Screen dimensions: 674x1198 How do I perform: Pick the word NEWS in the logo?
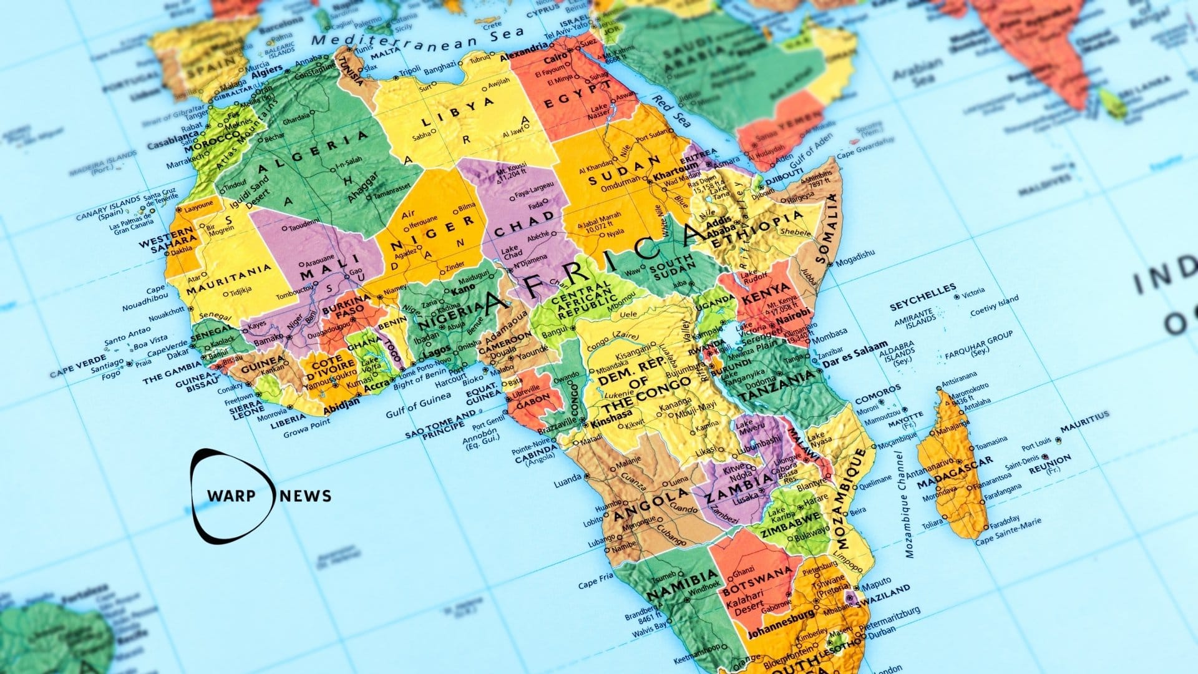306,496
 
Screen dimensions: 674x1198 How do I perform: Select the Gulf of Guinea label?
418,404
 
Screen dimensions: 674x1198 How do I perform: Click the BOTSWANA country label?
757,576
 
